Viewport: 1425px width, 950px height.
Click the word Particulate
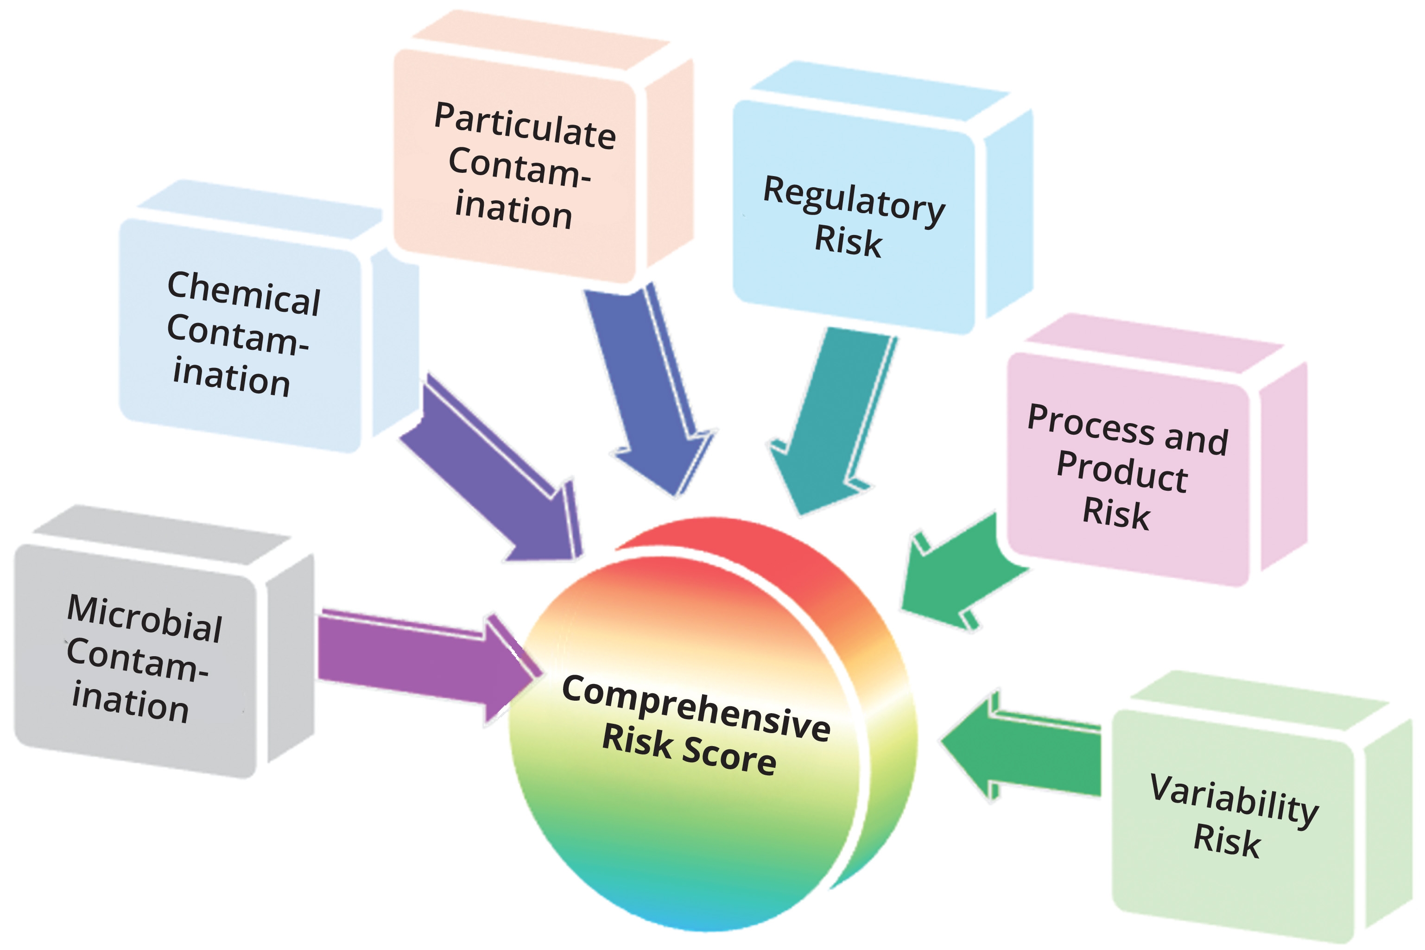(x=525, y=126)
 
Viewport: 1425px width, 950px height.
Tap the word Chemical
(x=244, y=294)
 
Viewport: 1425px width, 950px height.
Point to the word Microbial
(x=145, y=619)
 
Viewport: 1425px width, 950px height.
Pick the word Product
(x=1121, y=472)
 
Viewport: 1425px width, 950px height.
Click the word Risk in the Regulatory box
(x=848, y=241)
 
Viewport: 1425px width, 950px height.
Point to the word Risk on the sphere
(x=637, y=741)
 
